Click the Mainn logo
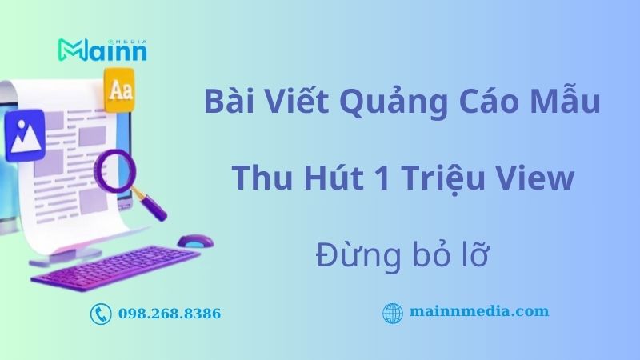(102, 49)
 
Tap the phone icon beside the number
(101, 314)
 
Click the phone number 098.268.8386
(169, 314)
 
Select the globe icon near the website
(392, 313)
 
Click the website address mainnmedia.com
(478, 311)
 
